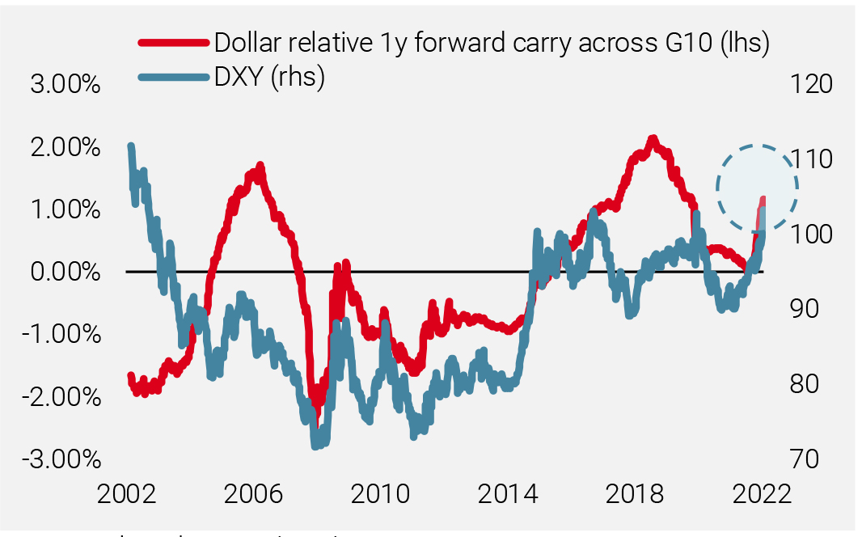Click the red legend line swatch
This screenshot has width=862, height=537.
coord(174,41)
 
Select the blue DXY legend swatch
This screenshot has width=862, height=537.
coord(174,77)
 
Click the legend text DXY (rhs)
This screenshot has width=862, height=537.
coord(269,77)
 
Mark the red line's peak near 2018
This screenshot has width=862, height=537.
coord(653,140)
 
